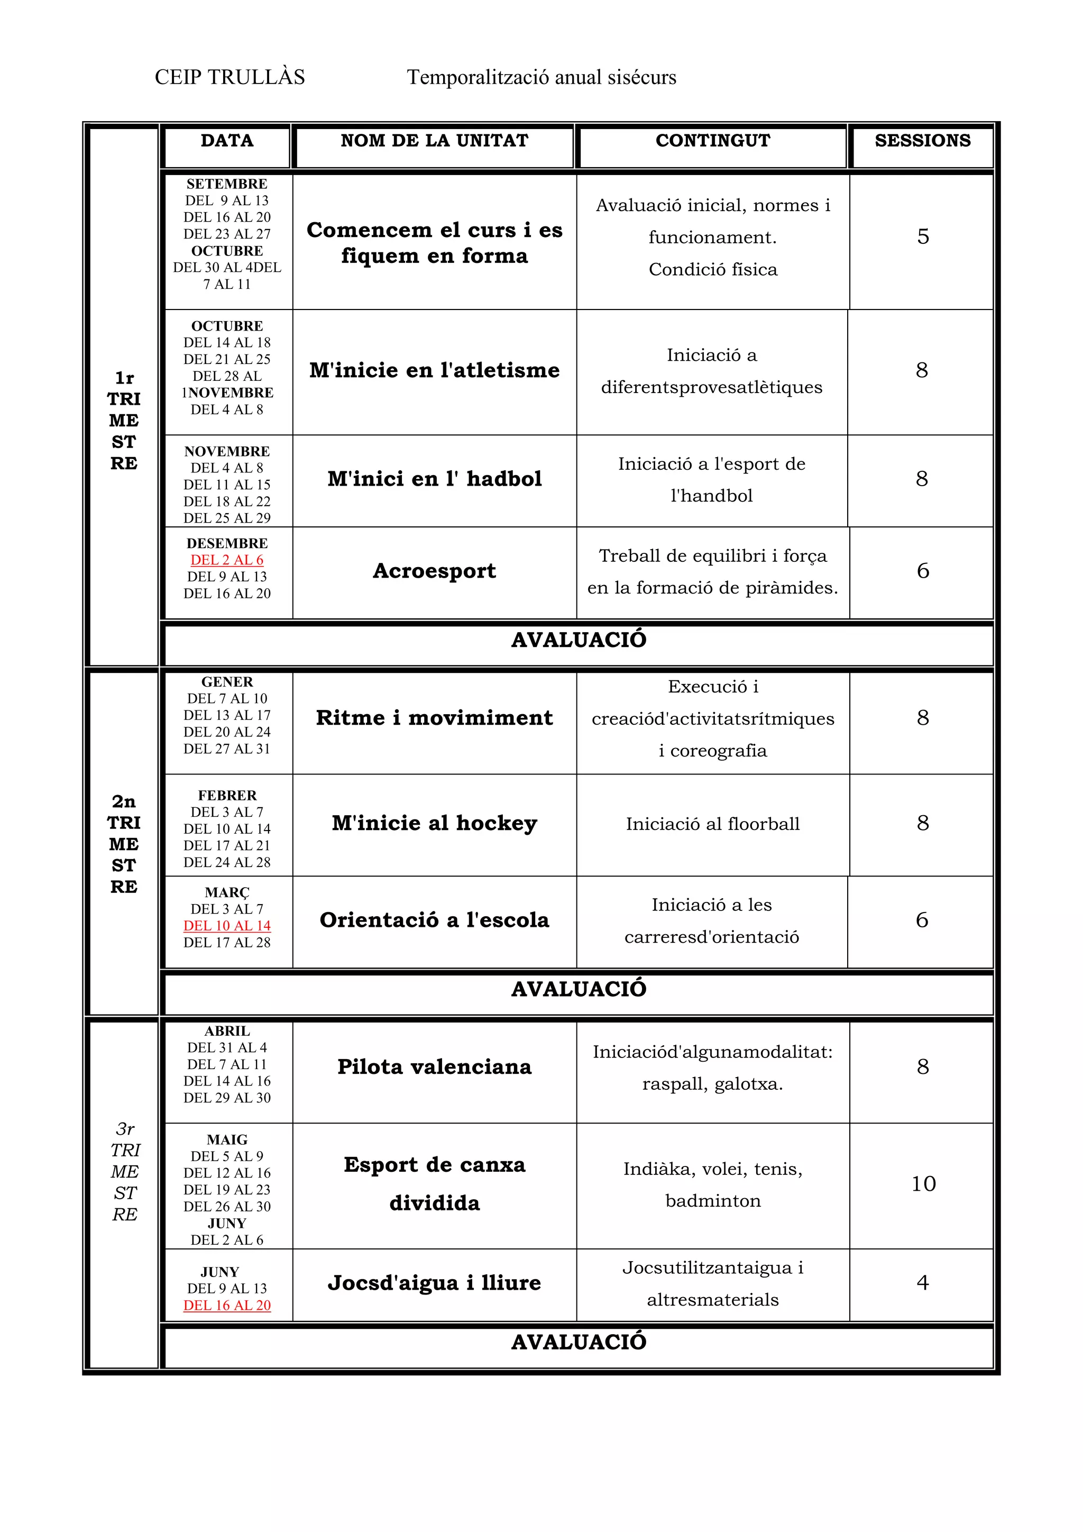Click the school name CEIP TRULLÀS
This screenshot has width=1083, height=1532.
230,77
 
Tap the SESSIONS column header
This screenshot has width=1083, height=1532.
922,141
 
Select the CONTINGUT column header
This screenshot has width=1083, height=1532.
712,141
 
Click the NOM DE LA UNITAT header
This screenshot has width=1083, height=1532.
434,141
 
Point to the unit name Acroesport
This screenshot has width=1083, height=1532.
434,571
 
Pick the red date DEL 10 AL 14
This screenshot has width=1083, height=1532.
227,925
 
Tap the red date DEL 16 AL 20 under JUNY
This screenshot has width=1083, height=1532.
227,1305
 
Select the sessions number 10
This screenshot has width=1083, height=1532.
923,1184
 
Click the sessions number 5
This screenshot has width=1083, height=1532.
923,237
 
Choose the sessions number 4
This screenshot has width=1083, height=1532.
922,1282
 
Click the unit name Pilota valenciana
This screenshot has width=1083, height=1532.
434,1067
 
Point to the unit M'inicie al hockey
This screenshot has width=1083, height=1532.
434,823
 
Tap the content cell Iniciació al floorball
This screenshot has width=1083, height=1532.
712,824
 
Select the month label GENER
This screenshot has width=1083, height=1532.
227,682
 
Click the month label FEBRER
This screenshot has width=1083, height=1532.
227,795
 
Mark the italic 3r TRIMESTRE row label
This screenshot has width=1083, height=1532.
125,1172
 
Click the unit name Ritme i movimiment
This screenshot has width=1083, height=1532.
434,718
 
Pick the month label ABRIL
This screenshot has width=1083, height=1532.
227,1031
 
